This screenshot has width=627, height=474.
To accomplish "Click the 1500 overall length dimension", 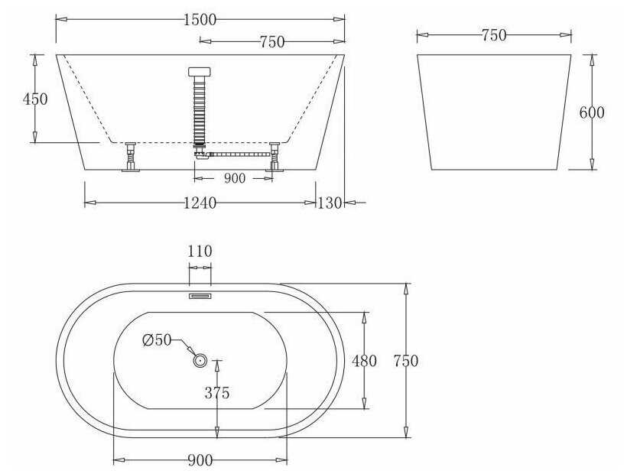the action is pos(200,20).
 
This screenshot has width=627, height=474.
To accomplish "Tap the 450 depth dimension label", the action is pos(35,99).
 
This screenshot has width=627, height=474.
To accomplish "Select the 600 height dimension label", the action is pos(592,112).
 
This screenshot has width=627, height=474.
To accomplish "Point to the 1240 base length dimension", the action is pos(200,203).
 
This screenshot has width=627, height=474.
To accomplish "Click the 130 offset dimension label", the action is pos(330,203).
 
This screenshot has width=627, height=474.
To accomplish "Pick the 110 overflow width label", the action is pos(200,252).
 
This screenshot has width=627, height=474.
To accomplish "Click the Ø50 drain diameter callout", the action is pos(158,340).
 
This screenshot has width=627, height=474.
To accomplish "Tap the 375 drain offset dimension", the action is pos(217,393).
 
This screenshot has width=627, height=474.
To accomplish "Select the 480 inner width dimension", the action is pos(364,361).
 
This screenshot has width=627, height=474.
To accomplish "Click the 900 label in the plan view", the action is pos(200,460).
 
